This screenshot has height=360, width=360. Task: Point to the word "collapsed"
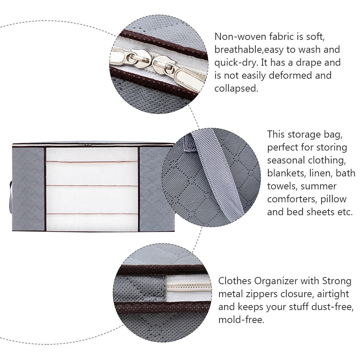coord(236,88)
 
